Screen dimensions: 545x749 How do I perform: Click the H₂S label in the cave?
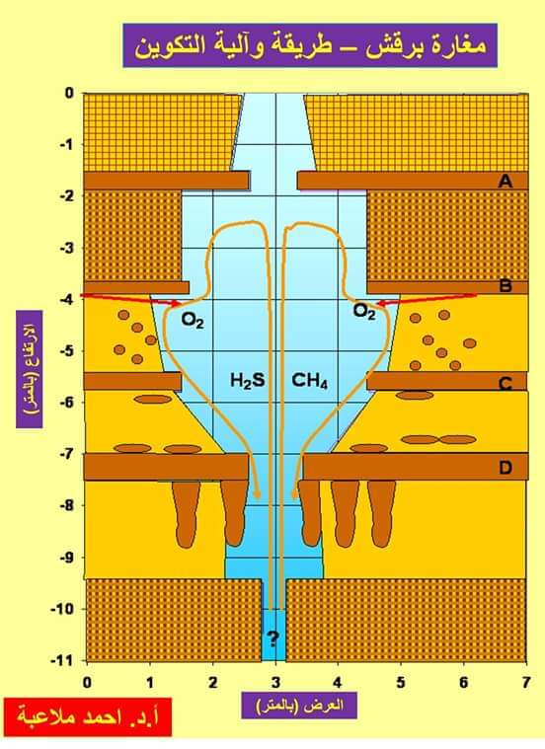click(247, 381)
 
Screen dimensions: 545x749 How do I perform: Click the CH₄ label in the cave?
click(310, 381)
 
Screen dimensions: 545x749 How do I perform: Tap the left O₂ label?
click(193, 320)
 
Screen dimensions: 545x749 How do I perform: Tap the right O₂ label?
click(364, 311)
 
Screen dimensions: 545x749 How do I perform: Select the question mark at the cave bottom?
click(272, 637)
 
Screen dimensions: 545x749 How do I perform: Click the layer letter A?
click(505, 181)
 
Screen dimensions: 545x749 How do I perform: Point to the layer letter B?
click(506, 285)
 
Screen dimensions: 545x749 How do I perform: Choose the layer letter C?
click(506, 384)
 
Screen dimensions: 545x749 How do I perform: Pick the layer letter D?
click(506, 467)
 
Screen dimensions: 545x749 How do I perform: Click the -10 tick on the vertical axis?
click(62, 609)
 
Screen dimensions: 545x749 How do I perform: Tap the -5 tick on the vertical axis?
click(67, 351)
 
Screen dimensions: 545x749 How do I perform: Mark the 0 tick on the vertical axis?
click(70, 93)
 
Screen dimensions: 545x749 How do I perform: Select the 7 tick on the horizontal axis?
click(526, 682)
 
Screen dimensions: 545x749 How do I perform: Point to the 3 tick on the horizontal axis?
click(275, 682)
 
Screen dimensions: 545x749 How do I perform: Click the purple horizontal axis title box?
click(299, 705)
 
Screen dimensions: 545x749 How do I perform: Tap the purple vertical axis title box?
click(30, 369)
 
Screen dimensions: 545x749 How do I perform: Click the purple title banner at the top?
click(310, 45)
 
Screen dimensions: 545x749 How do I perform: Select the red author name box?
click(87, 717)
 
